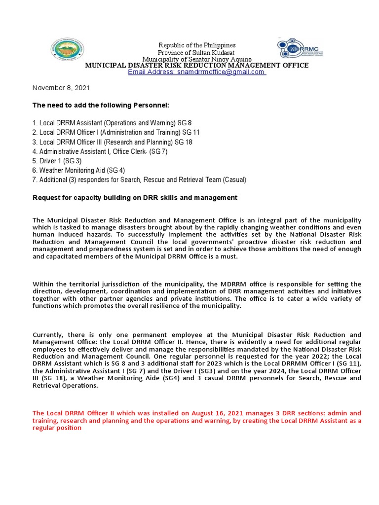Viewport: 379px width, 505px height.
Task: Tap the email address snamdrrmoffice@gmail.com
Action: coord(196,72)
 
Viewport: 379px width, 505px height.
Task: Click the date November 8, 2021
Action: coord(61,88)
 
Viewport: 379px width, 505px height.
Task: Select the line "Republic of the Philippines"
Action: coord(196,45)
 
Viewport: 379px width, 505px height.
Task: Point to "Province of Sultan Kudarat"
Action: coord(196,52)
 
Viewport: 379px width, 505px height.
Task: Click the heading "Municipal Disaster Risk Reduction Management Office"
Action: coord(197,65)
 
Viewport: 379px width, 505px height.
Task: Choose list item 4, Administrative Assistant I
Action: coord(100,151)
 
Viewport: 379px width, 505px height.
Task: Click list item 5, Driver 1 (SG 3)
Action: coord(57,161)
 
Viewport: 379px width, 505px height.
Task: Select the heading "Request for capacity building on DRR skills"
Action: coord(135,197)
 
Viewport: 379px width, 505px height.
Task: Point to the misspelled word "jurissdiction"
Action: coord(113,284)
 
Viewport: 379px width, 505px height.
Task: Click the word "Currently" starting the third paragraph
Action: coord(49,335)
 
